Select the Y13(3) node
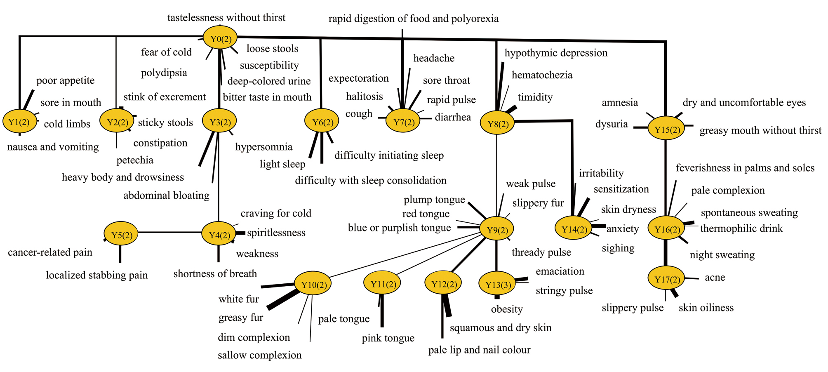tap(497, 284)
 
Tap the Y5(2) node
tap(121, 234)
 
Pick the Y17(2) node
tap(666, 279)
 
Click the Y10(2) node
tap(313, 284)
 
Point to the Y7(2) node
tap(403, 121)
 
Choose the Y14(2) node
tap(574, 229)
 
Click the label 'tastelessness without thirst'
tap(226, 18)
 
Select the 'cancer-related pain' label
tap(50, 252)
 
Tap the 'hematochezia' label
tap(542, 75)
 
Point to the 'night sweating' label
tap(722, 255)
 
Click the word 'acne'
tap(715, 278)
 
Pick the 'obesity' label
tap(507, 309)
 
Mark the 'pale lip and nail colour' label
tap(479, 350)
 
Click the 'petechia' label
tap(135, 160)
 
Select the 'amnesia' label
tap(620, 103)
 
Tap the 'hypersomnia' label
tap(264, 147)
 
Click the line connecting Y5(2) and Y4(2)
tap(169, 233)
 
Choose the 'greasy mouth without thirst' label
tap(760, 131)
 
